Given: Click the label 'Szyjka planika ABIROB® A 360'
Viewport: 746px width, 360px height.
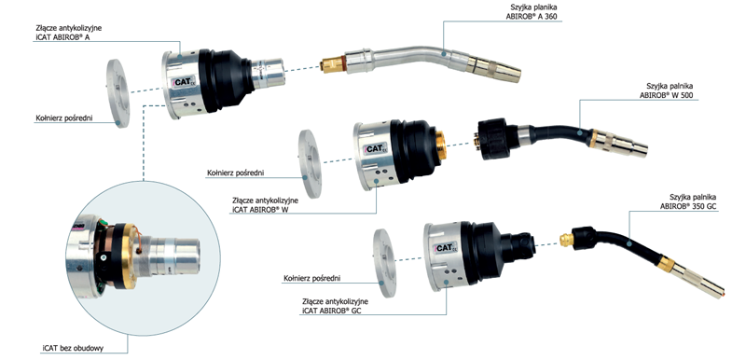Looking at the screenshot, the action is pyautogui.click(x=532, y=12).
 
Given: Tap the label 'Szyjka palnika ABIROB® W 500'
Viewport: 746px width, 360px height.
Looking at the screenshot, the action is pyautogui.click(x=666, y=90).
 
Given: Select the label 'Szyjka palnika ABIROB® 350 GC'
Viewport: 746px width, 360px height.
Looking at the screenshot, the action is pyautogui.click(x=688, y=201).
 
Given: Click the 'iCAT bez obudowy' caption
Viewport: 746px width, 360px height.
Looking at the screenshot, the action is pyautogui.click(x=73, y=348).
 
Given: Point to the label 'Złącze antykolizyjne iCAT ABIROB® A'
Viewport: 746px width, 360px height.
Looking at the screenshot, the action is pyautogui.click(x=68, y=33).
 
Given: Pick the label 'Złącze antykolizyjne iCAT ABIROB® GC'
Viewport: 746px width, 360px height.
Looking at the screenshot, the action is pyautogui.click(x=335, y=306).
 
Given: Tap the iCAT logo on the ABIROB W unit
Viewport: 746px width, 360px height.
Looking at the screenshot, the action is pyautogui.click(x=376, y=148).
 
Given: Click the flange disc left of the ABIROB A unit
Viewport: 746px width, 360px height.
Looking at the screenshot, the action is pyautogui.click(x=118, y=93).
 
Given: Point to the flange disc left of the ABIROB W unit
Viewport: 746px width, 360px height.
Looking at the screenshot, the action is pyautogui.click(x=310, y=163).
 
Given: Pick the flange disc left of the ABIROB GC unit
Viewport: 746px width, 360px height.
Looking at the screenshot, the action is pyautogui.click(x=384, y=263).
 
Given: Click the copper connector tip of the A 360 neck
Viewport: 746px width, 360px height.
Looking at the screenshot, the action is pyautogui.click(x=333, y=64).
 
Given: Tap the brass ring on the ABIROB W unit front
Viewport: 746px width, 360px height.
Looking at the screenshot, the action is pyautogui.click(x=441, y=145).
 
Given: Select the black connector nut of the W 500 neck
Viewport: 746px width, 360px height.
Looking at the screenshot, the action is pyautogui.click(x=495, y=138).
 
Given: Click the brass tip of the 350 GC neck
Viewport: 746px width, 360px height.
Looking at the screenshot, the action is pyautogui.click(x=567, y=238).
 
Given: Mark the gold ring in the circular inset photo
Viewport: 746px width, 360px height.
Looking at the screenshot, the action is pyautogui.click(x=126, y=256).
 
